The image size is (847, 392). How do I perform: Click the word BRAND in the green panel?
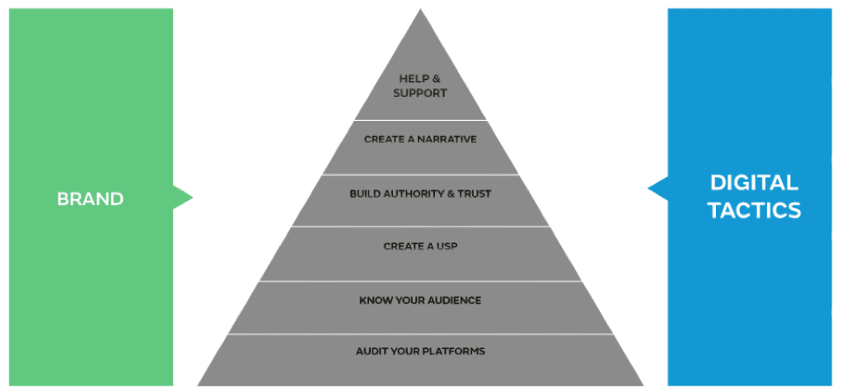click(90, 199)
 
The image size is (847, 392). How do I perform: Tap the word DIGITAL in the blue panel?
click(753, 183)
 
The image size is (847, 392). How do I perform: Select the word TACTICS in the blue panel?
click(753, 211)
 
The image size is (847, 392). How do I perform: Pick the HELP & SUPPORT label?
click(420, 86)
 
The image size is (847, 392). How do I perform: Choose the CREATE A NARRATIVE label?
click(420, 139)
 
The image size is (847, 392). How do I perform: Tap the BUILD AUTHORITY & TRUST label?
click(420, 194)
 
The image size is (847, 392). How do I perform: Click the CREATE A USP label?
click(420, 246)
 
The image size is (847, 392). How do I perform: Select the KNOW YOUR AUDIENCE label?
click(420, 301)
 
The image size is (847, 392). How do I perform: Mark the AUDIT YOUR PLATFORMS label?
click(420, 352)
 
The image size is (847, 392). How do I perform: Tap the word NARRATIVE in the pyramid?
click(446, 139)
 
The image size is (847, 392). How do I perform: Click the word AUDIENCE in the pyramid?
click(454, 301)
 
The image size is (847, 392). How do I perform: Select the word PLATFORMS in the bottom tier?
click(454, 352)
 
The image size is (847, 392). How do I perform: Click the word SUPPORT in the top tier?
click(420, 93)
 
